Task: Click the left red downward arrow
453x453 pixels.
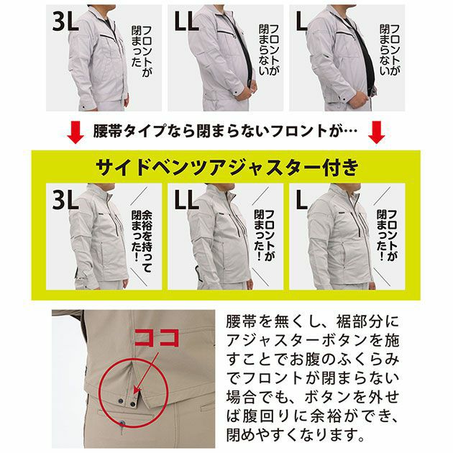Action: click(74, 132)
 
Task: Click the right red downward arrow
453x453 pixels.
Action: click(377, 132)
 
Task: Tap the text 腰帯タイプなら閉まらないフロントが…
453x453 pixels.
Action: click(225, 132)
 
